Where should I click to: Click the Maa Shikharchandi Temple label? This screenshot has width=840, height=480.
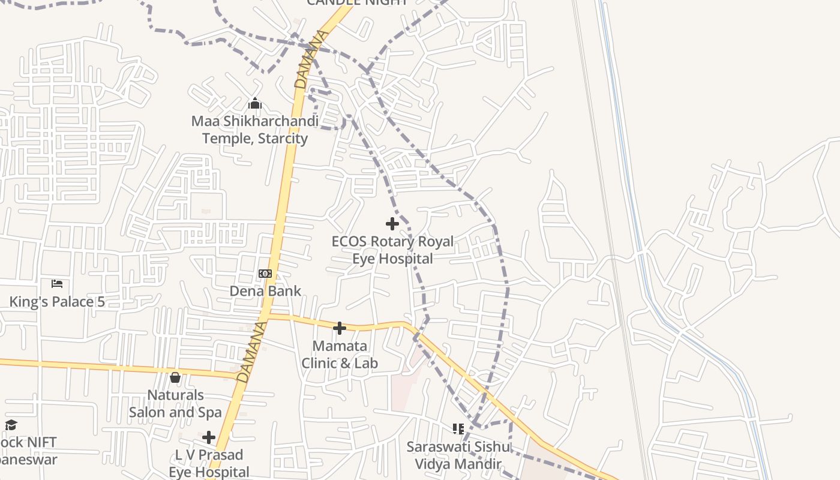click(x=255, y=130)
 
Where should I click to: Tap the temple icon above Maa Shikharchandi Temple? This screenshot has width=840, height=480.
click(x=255, y=104)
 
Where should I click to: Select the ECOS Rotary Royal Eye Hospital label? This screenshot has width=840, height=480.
click(x=392, y=250)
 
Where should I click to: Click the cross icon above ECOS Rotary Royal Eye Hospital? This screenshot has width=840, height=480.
click(x=392, y=224)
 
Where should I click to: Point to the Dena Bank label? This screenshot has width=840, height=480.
click(x=265, y=291)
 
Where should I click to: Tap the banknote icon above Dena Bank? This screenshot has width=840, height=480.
click(x=265, y=274)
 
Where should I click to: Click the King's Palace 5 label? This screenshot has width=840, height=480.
click(x=57, y=301)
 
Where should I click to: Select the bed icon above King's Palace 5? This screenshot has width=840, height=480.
click(x=57, y=283)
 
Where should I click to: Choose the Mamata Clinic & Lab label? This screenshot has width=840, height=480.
click(x=340, y=355)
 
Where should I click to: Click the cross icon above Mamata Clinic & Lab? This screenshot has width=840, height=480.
click(x=340, y=328)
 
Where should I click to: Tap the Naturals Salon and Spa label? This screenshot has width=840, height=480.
click(x=175, y=404)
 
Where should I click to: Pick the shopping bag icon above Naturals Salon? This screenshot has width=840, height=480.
click(x=175, y=377)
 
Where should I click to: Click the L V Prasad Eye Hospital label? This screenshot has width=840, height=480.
click(x=209, y=463)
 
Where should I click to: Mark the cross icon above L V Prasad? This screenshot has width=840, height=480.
click(x=209, y=437)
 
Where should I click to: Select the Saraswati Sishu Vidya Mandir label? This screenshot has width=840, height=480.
click(x=459, y=455)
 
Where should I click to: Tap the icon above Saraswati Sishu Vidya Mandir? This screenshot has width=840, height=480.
click(x=459, y=429)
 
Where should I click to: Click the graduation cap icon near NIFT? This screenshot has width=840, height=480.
click(x=11, y=425)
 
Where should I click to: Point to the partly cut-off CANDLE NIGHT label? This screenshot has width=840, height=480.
click(x=357, y=3)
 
